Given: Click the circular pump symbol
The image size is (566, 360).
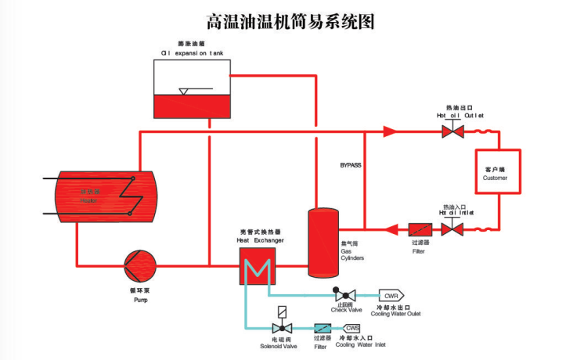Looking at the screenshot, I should click(x=140, y=265).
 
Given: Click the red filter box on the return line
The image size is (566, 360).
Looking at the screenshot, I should click(x=420, y=229).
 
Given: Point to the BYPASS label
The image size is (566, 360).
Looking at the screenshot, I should click(x=350, y=166).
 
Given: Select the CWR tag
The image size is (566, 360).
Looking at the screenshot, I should click(x=390, y=295).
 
